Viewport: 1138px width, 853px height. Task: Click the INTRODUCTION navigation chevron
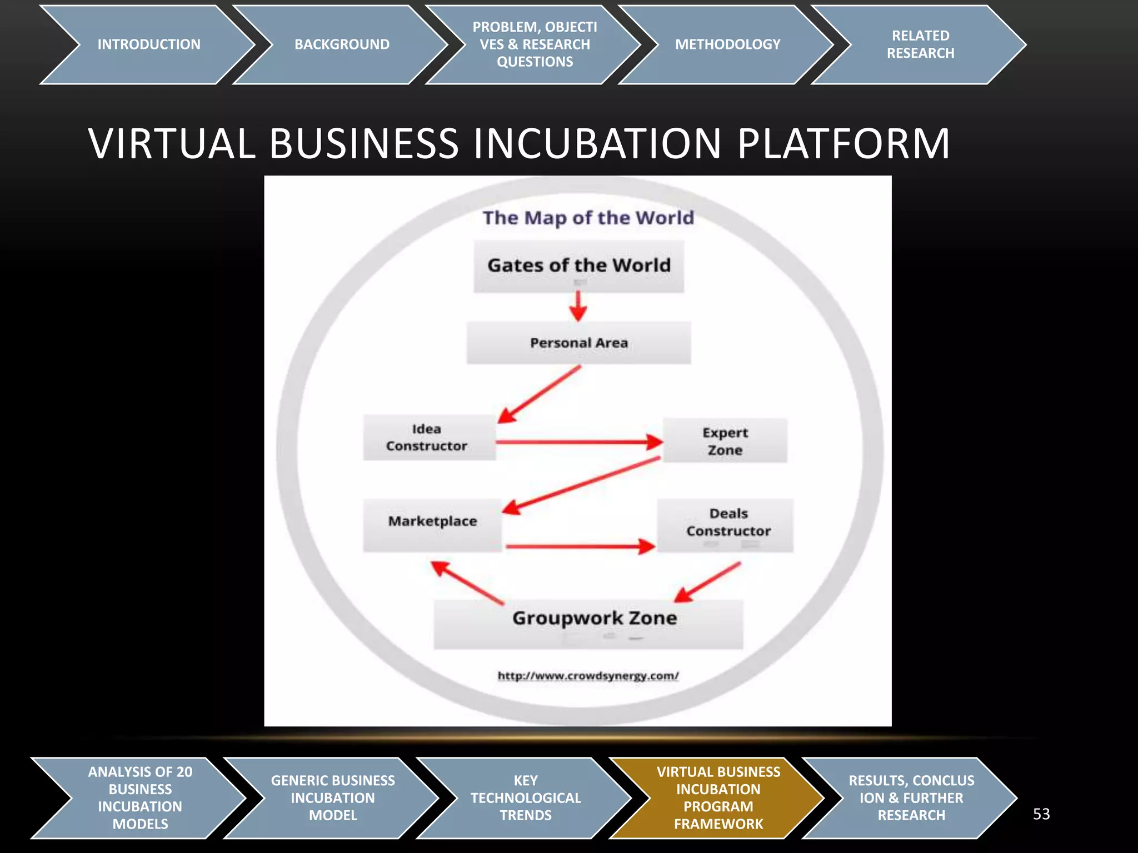148,44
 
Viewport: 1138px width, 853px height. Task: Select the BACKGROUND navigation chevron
342,44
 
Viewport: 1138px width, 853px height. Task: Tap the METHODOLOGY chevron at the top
727,44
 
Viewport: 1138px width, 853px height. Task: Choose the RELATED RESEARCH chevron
920,44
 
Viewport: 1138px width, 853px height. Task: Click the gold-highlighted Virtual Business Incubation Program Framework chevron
718,797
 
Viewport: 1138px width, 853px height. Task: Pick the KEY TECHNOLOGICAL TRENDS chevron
526,797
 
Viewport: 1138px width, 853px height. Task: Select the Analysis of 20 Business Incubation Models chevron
140,797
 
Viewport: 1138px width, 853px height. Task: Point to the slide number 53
1041,814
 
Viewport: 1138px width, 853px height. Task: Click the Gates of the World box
578,266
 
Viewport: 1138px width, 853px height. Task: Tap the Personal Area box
578,343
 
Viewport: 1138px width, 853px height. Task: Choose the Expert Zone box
725,441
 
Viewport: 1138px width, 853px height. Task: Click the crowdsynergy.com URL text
588,676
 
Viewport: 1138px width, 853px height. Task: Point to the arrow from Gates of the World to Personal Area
578,307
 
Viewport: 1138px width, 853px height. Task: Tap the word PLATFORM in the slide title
843,144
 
